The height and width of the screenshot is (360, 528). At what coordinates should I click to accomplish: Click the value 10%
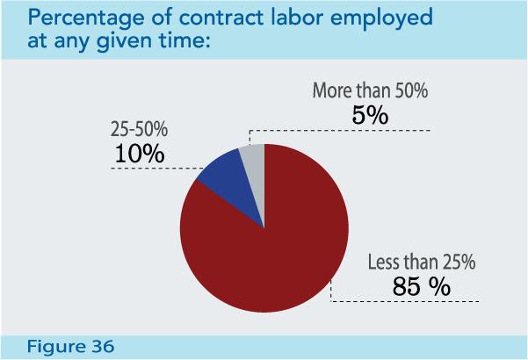click(x=140, y=153)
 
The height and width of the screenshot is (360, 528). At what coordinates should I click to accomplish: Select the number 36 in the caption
click(x=103, y=347)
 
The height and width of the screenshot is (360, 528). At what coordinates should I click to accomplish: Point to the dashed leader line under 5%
click(x=351, y=130)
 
